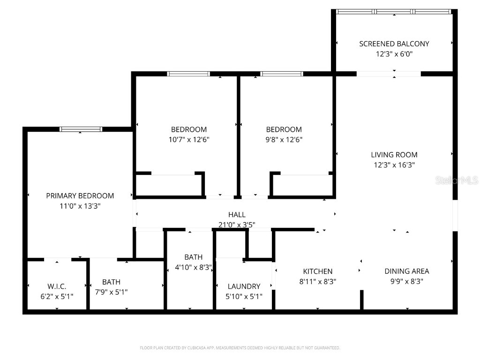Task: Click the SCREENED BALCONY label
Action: (394, 44)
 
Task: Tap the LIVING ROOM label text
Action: (394, 155)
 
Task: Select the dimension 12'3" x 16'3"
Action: (394, 165)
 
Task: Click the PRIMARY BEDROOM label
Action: (80, 196)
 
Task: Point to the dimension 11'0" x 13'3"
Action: (80, 206)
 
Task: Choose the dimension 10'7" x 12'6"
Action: (188, 139)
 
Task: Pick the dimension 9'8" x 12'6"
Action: (284, 139)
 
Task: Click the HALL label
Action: (237, 215)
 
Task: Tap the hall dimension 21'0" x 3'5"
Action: (237, 225)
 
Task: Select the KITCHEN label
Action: (317, 271)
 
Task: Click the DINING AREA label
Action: (406, 271)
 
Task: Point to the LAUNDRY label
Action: (244, 286)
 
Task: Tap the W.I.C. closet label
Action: (57, 286)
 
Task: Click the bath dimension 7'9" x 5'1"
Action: (111, 292)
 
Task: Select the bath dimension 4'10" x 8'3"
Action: (190, 268)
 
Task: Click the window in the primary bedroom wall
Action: (81, 129)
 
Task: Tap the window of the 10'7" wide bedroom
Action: (188, 74)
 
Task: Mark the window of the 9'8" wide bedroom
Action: (282, 74)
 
